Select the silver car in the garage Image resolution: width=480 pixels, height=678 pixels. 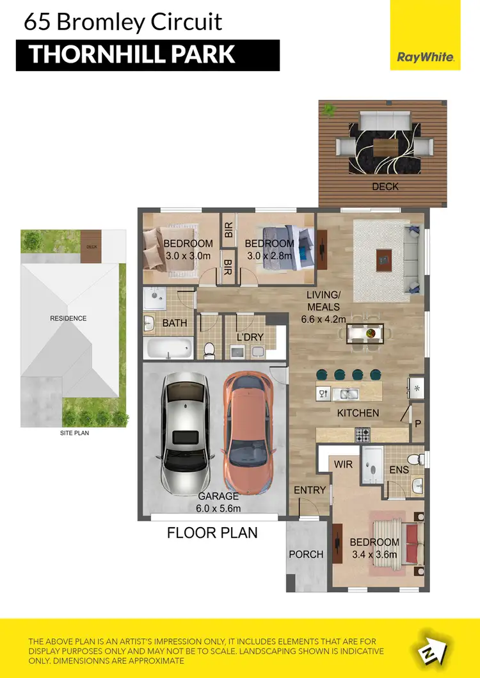click(185, 435)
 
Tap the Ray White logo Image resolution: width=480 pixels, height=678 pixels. click(426, 57)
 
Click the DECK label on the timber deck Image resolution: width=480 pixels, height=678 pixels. click(385, 187)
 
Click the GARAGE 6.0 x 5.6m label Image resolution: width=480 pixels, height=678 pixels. click(218, 502)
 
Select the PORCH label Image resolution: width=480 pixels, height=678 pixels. click(306, 554)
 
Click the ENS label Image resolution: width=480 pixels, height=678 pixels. click(399, 470)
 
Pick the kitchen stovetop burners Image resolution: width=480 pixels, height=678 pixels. click(363, 434)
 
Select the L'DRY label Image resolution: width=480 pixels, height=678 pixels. click(251, 336)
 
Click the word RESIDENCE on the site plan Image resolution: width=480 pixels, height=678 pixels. click(68, 318)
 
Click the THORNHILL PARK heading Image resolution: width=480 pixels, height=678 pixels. click(132, 54)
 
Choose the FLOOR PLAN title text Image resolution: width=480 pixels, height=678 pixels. click(212, 532)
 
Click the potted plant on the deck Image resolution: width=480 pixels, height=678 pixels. click(329, 111)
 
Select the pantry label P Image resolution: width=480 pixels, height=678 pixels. click(417, 423)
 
